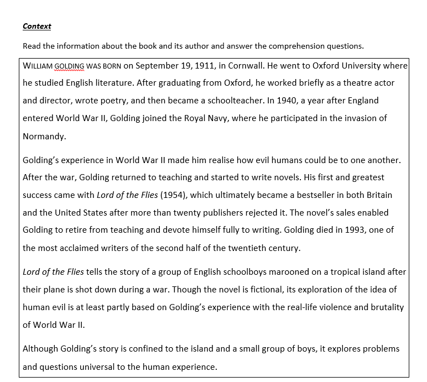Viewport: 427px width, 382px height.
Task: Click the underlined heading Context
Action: [x=37, y=26]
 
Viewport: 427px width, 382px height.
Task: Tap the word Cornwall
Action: [x=242, y=66]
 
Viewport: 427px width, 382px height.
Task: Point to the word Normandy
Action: [x=44, y=136]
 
